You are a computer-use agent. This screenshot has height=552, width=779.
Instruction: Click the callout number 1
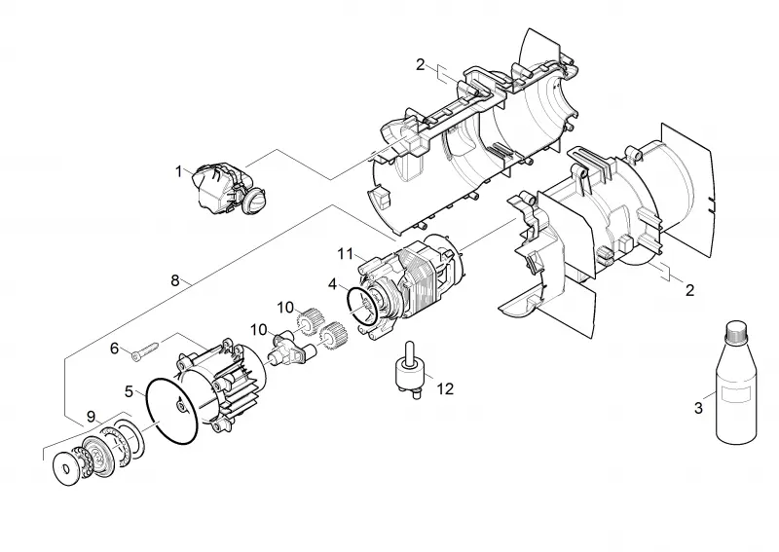(x=179, y=172)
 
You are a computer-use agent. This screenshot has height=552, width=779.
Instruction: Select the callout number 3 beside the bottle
(x=698, y=408)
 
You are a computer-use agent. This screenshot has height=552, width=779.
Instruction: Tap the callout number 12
(x=446, y=388)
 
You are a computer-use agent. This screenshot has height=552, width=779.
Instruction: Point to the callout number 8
(x=175, y=280)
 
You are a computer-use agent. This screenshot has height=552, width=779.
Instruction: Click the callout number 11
(x=346, y=254)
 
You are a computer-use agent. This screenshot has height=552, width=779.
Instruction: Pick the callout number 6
(x=114, y=349)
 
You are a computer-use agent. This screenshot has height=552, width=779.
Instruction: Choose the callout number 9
(x=91, y=417)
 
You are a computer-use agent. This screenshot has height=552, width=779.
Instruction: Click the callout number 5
(x=130, y=391)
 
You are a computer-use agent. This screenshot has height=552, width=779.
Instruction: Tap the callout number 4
(x=332, y=284)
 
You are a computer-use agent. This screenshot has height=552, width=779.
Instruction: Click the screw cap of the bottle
(x=736, y=331)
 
